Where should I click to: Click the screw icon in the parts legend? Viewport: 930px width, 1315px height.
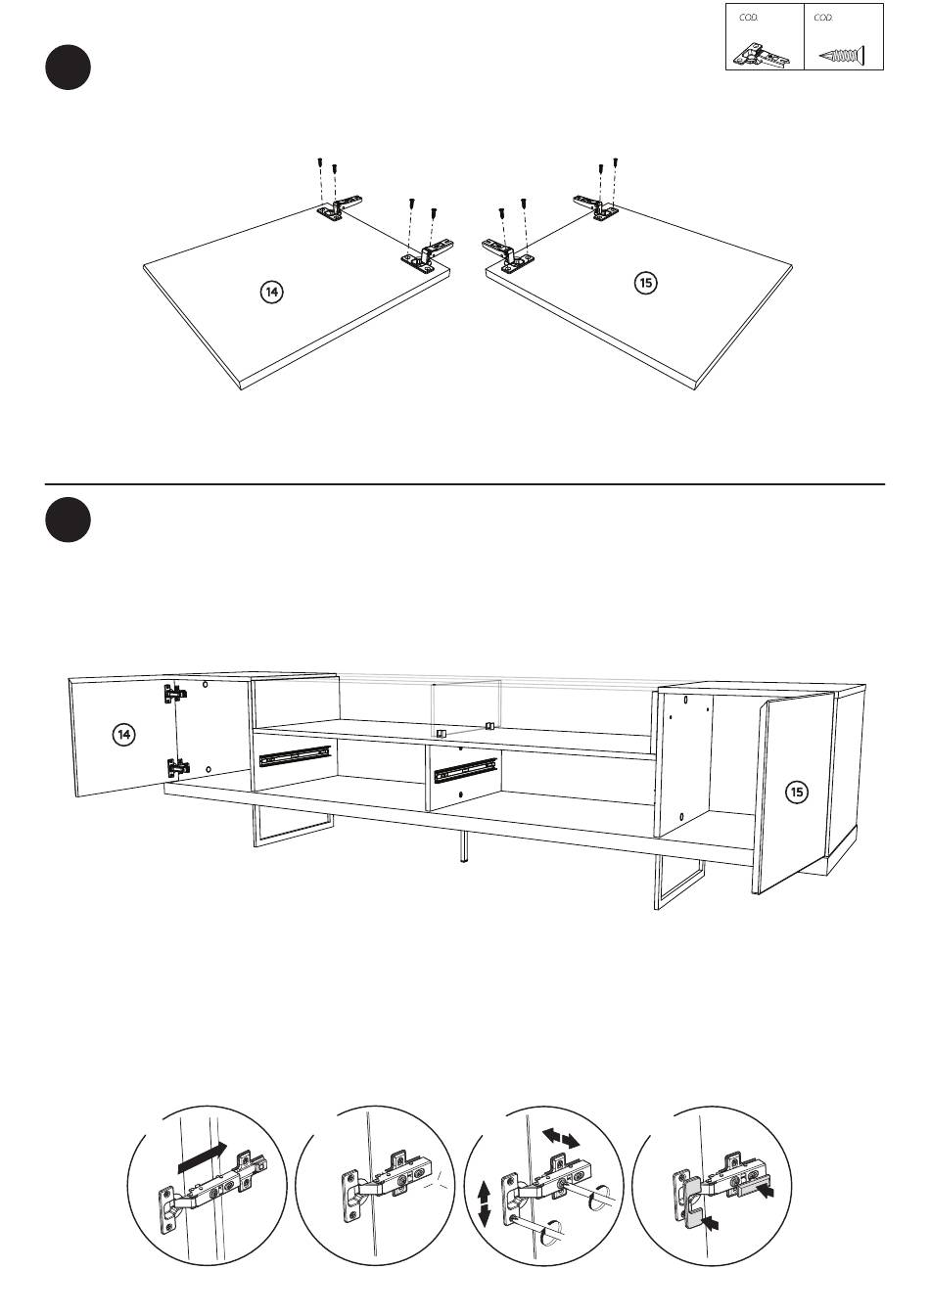click(842, 57)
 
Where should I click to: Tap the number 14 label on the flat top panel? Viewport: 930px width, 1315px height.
click(271, 292)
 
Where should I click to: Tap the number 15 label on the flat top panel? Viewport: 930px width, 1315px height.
click(646, 283)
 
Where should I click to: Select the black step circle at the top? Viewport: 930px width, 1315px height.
click(69, 68)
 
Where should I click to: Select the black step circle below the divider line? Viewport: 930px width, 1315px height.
click(69, 519)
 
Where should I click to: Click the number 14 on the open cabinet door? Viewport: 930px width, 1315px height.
click(123, 734)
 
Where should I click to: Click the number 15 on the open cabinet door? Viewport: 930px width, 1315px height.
click(797, 792)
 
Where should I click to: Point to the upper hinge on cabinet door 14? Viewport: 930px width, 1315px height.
click(175, 694)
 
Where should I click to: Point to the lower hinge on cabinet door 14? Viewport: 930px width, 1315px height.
click(177, 765)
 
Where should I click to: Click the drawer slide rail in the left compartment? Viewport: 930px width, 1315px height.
click(296, 756)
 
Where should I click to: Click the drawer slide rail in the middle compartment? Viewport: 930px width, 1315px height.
click(466, 771)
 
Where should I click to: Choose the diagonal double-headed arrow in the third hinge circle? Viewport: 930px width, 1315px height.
click(561, 1138)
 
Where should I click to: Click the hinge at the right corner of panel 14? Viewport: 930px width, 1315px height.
click(427, 256)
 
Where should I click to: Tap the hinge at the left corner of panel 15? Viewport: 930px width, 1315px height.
click(508, 254)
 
